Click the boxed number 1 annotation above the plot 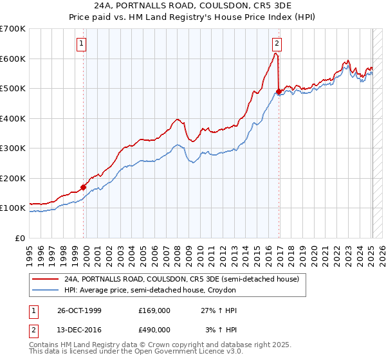(x=83, y=44)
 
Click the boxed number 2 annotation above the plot (x=276, y=44)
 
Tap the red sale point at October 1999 (x=84, y=188)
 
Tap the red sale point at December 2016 (x=279, y=92)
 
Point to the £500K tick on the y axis (x=13, y=89)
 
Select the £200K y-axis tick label (x=13, y=178)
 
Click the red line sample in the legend (x=44, y=280)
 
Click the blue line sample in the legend (x=44, y=291)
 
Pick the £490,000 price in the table (x=154, y=330)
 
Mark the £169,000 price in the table (x=154, y=310)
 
